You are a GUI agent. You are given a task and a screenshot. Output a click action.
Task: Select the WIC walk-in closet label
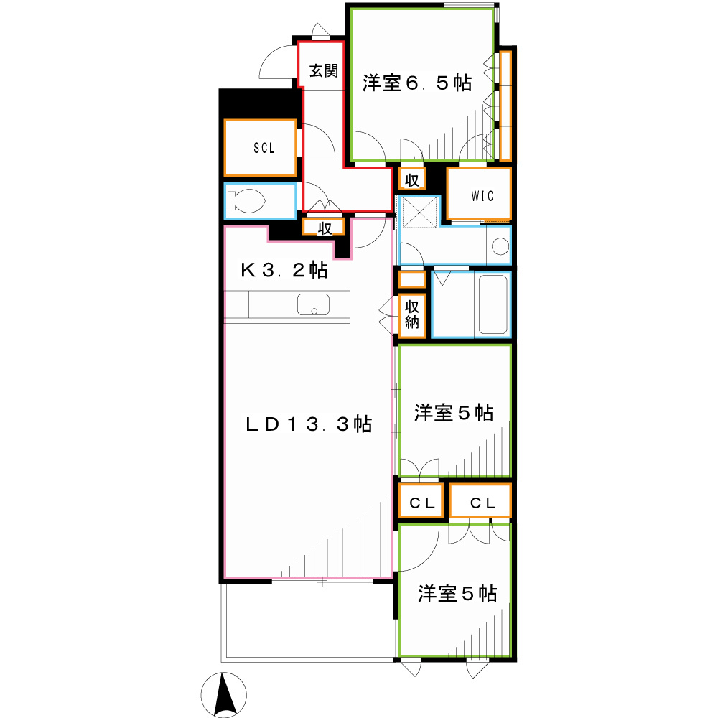(x=482, y=196)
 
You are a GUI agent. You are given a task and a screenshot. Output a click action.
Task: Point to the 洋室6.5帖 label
(x=416, y=84)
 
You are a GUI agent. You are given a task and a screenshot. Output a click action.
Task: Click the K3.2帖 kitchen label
(x=284, y=271)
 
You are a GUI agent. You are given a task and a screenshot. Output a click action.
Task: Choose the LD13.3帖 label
(x=309, y=424)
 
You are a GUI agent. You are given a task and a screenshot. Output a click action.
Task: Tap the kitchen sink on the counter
(x=314, y=304)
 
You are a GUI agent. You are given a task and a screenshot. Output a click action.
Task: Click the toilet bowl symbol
(x=245, y=201)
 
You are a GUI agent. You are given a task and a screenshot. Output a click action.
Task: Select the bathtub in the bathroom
(x=493, y=304)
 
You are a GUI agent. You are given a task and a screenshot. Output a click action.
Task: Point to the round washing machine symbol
(x=500, y=248)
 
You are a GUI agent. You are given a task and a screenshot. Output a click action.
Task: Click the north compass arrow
(x=223, y=695)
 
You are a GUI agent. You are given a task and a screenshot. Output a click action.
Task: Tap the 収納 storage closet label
(x=411, y=314)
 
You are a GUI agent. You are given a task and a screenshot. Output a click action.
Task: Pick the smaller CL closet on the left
(x=423, y=503)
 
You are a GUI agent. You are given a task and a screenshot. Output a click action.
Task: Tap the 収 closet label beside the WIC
(x=411, y=179)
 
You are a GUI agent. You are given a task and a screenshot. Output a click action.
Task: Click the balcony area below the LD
(x=309, y=620)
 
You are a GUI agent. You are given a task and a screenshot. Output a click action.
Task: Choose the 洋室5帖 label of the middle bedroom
(x=454, y=414)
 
